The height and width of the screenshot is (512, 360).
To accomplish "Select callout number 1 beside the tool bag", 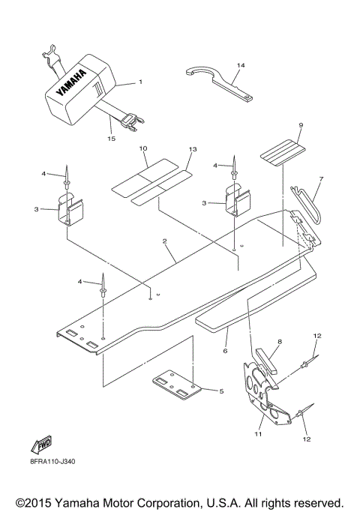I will pyautogui.click(x=139, y=82).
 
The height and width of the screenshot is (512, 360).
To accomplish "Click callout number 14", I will pyautogui.click(x=240, y=66).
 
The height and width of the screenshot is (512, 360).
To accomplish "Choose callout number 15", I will pyautogui.click(x=111, y=137).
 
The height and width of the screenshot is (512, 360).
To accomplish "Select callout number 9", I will pyautogui.click(x=279, y=125).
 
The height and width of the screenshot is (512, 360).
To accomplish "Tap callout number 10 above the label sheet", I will pyautogui.click(x=142, y=149).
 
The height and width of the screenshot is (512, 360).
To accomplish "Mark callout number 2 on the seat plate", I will pyautogui.click(x=164, y=241).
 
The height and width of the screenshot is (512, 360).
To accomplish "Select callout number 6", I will pyautogui.click(x=224, y=351).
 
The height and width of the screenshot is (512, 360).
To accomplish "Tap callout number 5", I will pyautogui.click(x=221, y=391).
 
